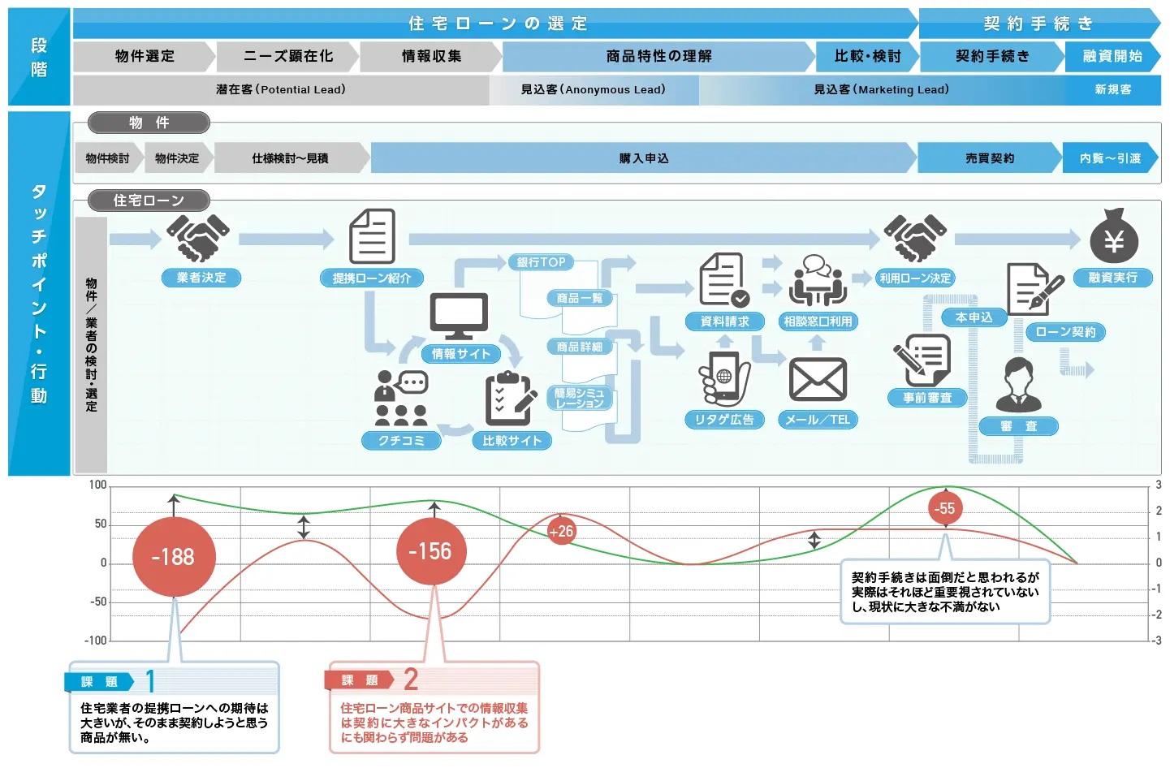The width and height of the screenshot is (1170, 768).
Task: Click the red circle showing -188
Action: click(173, 557)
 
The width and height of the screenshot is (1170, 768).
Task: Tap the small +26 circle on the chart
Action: click(561, 531)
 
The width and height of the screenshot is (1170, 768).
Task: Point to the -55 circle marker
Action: click(945, 509)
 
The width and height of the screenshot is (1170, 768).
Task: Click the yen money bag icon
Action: click(1113, 237)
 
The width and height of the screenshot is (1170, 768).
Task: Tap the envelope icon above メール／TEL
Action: click(818, 380)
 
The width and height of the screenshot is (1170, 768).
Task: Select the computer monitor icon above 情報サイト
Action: click(459, 316)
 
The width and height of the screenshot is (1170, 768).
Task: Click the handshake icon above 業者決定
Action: click(197, 237)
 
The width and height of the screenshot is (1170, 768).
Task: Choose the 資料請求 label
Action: click(724, 321)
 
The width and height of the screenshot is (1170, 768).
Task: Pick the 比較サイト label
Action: click(512, 441)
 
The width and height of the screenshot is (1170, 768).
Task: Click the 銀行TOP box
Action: click(542, 262)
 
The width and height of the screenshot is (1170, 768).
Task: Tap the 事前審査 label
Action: click(927, 398)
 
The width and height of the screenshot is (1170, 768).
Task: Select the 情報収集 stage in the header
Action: click(431, 56)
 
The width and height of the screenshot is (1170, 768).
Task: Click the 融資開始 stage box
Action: click(1112, 56)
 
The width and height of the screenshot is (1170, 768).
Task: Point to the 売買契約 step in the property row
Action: click(989, 158)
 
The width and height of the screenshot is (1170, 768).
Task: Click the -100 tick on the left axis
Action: click(96, 641)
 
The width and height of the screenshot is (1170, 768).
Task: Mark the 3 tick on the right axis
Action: click(1159, 485)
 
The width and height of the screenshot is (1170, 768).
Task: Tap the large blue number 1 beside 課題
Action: click(150, 680)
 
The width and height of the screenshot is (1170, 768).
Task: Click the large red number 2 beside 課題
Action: click(411, 679)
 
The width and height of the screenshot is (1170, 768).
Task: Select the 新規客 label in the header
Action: click(1112, 89)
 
